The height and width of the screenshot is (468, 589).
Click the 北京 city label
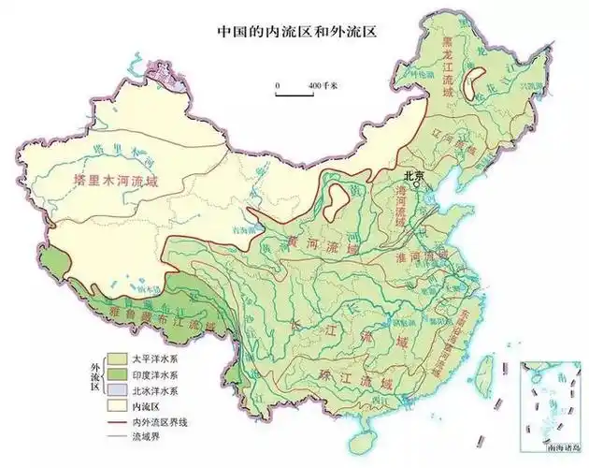(413, 175)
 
